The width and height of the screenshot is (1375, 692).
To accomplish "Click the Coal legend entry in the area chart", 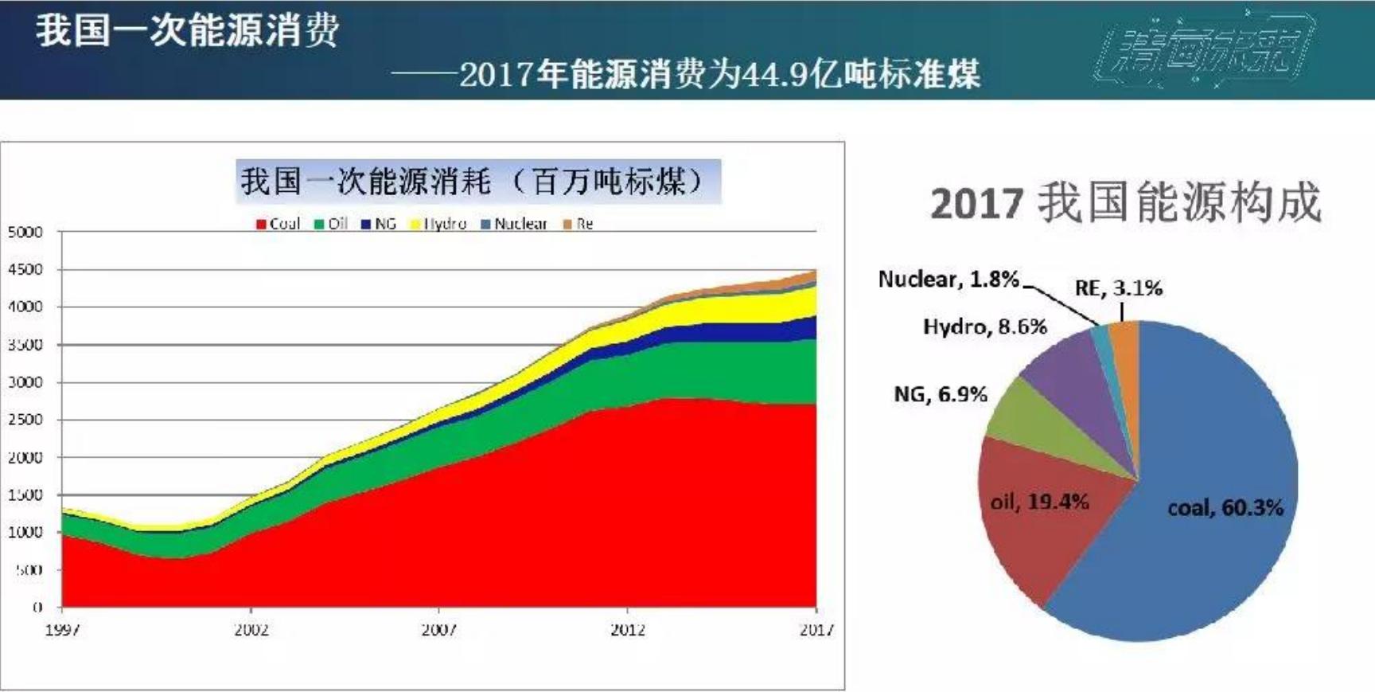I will pyautogui.click(x=278, y=224).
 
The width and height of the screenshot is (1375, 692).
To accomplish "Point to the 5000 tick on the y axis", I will pyautogui.click(x=25, y=232).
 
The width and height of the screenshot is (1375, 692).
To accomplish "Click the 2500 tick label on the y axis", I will pyautogui.click(x=25, y=420).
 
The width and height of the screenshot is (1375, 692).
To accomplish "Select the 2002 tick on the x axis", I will pyautogui.click(x=251, y=630).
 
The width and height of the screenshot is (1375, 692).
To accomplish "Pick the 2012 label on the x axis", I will pyautogui.click(x=628, y=630).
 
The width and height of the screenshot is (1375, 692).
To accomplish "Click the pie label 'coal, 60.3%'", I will pyautogui.click(x=1225, y=507).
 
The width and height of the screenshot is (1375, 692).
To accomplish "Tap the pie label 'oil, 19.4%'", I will pyautogui.click(x=1039, y=502).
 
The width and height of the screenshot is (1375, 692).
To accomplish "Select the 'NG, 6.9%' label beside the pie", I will pyautogui.click(x=940, y=394).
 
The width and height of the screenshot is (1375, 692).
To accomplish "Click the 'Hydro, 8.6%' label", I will pyautogui.click(x=984, y=326).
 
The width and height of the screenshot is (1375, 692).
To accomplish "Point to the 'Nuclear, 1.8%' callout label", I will pyautogui.click(x=948, y=279).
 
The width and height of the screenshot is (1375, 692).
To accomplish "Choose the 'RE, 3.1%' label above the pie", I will pyautogui.click(x=1118, y=287).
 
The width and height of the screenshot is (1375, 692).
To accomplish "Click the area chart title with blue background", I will pyautogui.click(x=477, y=182).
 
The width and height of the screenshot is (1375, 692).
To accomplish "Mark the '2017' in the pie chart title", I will pyautogui.click(x=976, y=204).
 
